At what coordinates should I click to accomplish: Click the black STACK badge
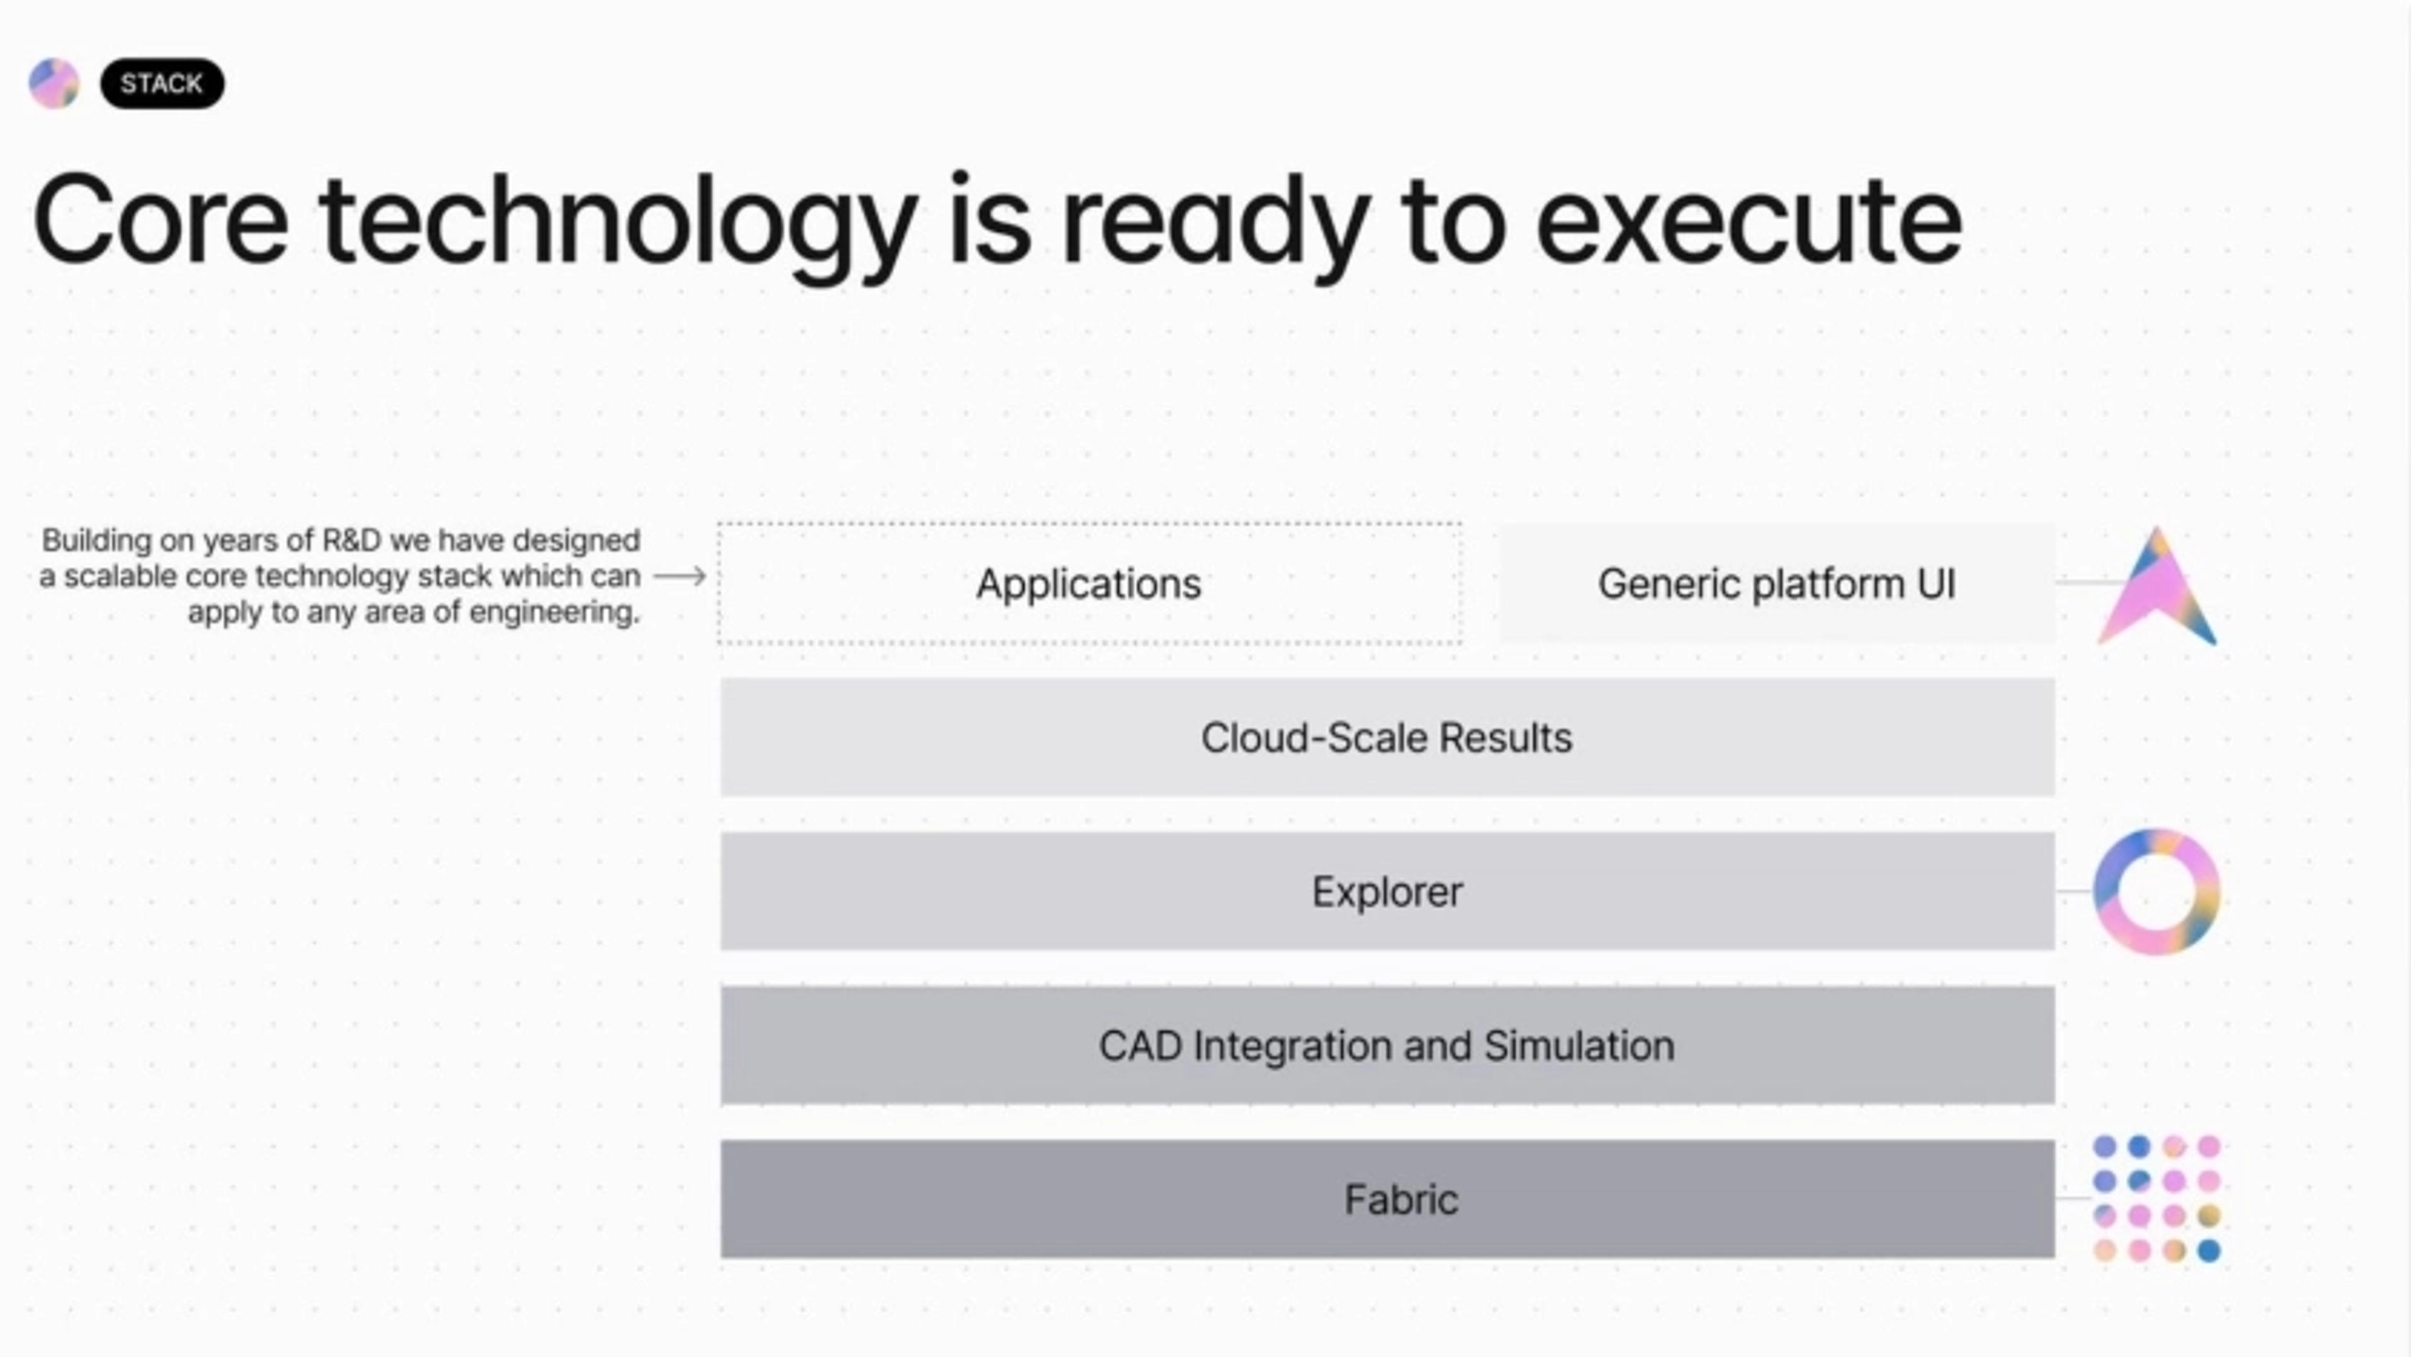tap(162, 83)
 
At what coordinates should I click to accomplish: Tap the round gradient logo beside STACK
tap(54, 83)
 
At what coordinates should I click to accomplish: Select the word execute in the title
tap(1749, 222)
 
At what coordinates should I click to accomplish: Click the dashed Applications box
tap(1089, 583)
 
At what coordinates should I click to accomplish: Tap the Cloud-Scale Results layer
tap(1387, 737)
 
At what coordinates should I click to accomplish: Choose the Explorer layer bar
tap(1387, 891)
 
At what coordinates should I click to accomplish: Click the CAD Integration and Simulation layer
tap(1387, 1045)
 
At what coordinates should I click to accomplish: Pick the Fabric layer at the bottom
tap(1387, 1199)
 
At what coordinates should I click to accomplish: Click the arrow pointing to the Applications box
tap(679, 576)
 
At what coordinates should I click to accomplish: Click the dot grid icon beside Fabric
tap(2157, 1199)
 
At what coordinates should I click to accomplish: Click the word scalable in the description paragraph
tap(121, 576)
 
